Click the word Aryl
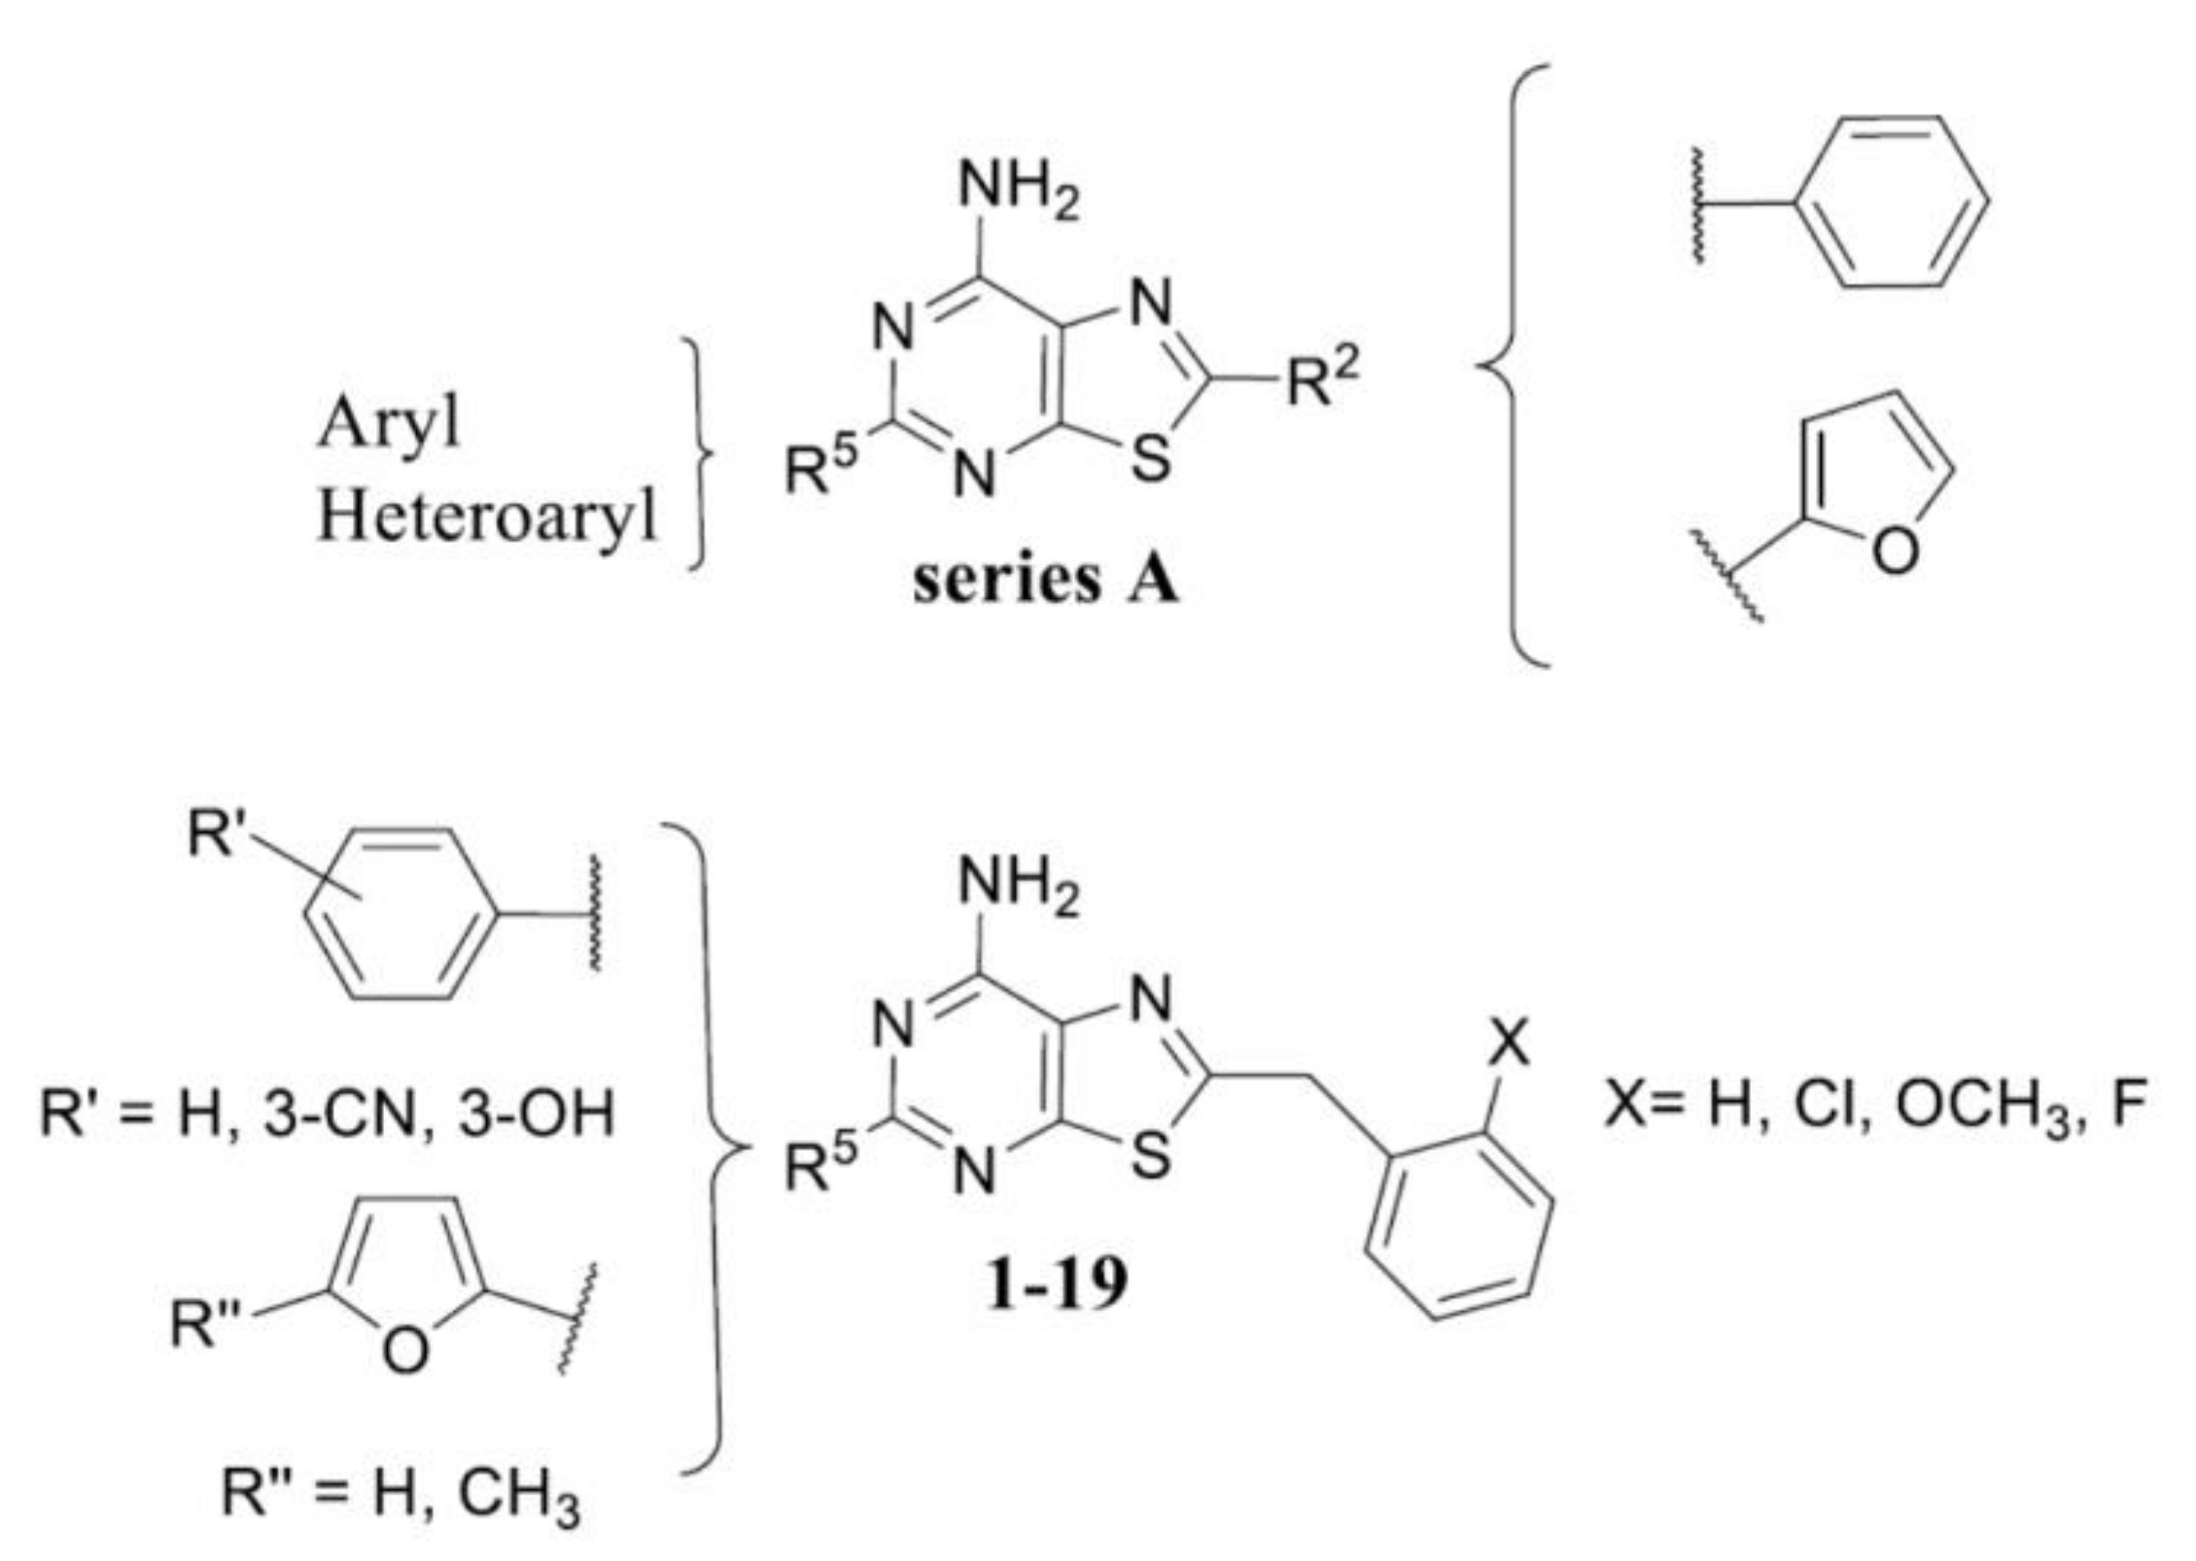point(388,424)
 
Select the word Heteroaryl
point(487,515)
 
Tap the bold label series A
point(1045,581)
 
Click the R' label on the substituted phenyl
point(213,834)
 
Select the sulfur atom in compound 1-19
point(1151,1157)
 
